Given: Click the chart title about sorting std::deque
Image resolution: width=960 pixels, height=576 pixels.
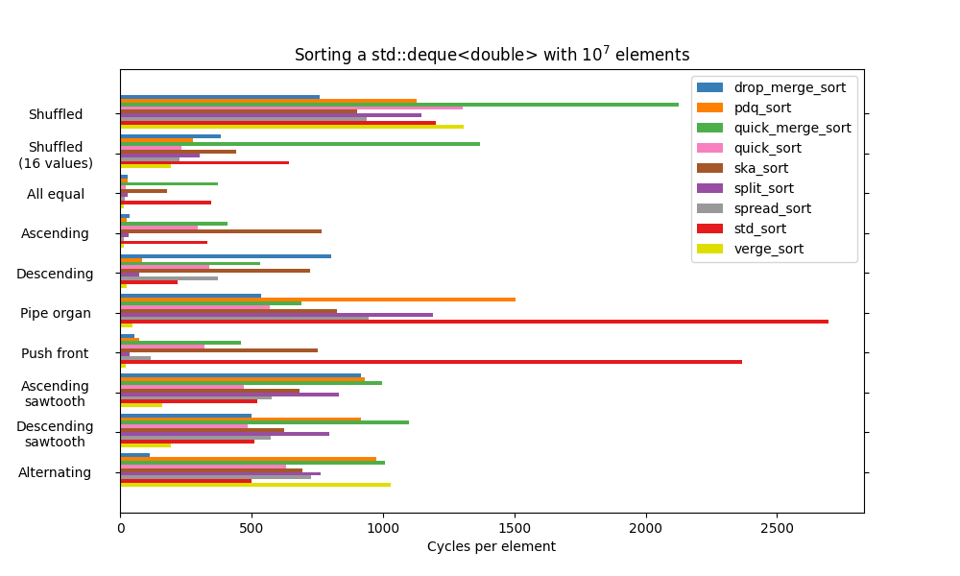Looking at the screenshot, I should click(x=492, y=55).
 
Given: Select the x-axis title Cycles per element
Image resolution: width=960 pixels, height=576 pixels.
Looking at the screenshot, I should click(x=491, y=546).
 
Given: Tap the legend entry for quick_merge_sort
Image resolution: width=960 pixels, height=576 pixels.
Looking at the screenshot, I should click(x=791, y=128).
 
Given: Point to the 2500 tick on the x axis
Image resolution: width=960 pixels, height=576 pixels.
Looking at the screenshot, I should click(x=777, y=527).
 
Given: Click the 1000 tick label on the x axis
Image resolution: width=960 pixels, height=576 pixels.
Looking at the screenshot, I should click(x=383, y=527).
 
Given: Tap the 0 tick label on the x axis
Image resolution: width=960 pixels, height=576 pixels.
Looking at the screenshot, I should click(x=120, y=527).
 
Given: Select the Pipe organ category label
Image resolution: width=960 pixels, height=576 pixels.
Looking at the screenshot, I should click(x=56, y=313).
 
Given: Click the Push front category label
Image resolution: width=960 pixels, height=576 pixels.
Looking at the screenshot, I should click(x=55, y=353).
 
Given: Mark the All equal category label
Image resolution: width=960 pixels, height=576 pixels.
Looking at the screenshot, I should click(x=56, y=194).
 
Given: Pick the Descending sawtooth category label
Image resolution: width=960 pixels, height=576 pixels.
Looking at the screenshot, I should click(x=55, y=434).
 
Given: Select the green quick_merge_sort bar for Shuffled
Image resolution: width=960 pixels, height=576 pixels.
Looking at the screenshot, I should click(x=399, y=105).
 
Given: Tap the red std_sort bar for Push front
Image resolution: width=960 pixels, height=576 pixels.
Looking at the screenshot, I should click(x=431, y=362).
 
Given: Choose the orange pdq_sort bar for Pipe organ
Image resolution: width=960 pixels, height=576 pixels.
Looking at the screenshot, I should click(x=318, y=300).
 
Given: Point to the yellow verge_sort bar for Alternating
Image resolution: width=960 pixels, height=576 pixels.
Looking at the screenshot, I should click(x=255, y=485).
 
